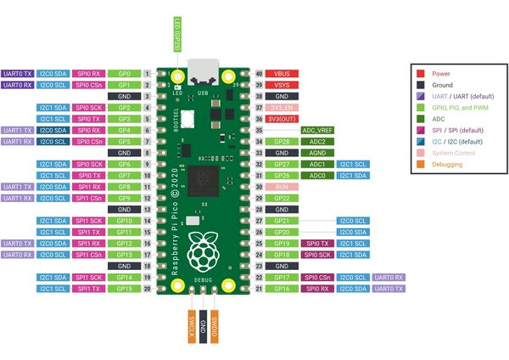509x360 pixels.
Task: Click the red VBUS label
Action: click(x=282, y=74)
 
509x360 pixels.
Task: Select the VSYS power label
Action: click(x=282, y=86)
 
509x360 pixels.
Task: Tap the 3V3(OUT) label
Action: click(x=282, y=119)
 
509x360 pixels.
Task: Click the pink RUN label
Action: click(x=282, y=186)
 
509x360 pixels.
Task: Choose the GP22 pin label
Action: click(x=282, y=197)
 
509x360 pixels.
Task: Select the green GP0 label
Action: click(x=124, y=74)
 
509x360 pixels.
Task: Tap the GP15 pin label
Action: click(x=124, y=289)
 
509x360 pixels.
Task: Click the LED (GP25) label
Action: click(x=178, y=32)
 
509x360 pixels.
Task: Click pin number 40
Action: click(x=259, y=74)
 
